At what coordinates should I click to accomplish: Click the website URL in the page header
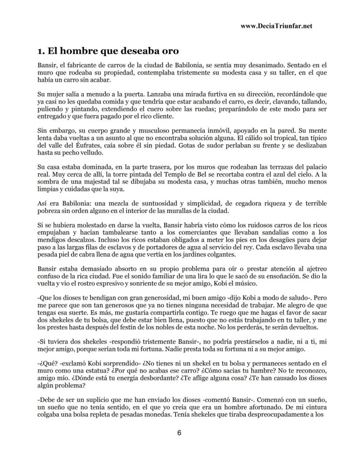tap(277, 26)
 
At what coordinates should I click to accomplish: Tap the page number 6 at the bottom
tap(179, 432)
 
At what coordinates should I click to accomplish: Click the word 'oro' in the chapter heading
tap(169, 51)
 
